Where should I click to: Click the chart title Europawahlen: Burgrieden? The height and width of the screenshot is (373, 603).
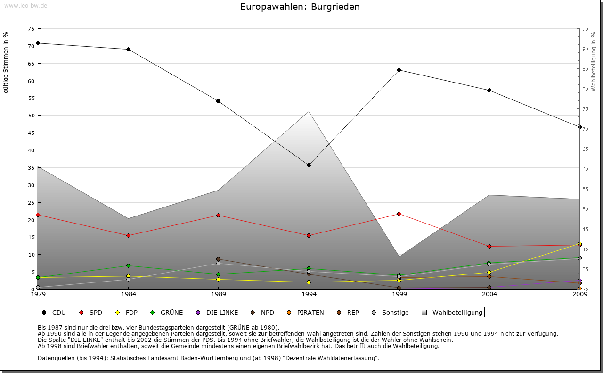coord(300,7)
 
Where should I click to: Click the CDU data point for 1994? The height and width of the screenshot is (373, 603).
coord(309,165)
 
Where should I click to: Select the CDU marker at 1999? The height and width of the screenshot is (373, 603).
coord(399,70)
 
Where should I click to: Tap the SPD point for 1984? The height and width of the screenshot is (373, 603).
coord(128,235)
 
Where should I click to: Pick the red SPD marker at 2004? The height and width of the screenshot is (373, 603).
coord(489,246)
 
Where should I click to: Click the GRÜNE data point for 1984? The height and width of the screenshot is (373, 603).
coord(128,265)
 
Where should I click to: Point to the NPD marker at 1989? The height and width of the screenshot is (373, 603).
coord(218,259)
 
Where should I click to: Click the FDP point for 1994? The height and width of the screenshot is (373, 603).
coord(309,282)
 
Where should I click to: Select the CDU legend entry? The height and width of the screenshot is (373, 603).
coord(54,312)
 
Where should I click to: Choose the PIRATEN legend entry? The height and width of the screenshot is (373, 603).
coord(305,312)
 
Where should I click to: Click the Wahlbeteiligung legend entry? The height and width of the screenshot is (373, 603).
coord(452,312)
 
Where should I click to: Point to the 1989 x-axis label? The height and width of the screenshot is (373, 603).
coord(219,294)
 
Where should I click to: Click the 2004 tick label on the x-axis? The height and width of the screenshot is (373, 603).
coord(489,294)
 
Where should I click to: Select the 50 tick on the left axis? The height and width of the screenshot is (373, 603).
coord(31,116)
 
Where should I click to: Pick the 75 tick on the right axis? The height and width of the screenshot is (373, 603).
coord(585,109)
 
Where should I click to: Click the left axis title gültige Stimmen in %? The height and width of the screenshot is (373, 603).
coord(6,63)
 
